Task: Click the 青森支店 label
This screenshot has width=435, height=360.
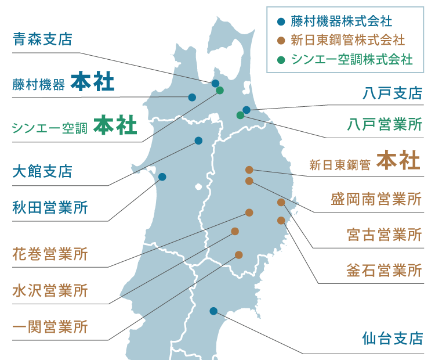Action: tap(42, 39)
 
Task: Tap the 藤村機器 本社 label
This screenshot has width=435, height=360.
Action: tap(63, 82)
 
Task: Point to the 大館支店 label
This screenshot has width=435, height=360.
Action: tap(42, 171)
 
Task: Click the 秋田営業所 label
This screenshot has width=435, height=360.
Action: tap(50, 207)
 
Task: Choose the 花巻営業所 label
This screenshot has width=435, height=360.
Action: tap(50, 254)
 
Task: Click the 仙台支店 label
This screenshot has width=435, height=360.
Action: tap(391, 339)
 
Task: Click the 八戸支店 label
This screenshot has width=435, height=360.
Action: tap(391, 93)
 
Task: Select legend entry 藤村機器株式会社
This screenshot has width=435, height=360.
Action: tap(342, 22)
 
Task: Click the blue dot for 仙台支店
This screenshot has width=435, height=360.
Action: tap(213, 311)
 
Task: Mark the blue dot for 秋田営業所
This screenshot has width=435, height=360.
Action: tap(162, 177)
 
